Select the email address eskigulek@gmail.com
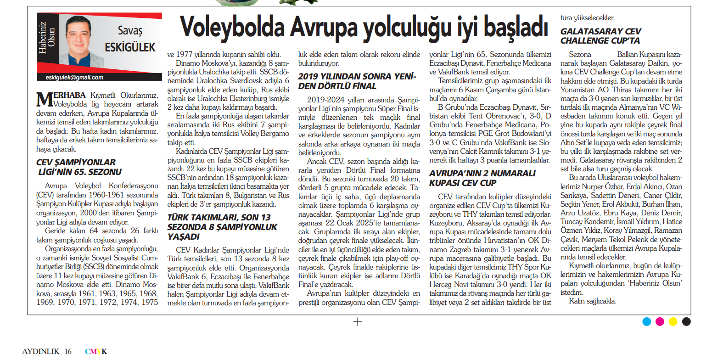click(74, 78)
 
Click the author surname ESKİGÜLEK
click(130, 47)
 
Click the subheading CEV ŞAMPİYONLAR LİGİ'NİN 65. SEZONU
click(79, 167)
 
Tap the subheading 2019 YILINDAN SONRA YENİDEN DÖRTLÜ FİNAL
click(357, 81)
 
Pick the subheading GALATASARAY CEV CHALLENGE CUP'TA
click(600, 36)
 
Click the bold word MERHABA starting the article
click(62, 95)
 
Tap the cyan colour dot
click(646, 321)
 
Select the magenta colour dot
click(660, 321)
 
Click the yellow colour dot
click(673, 321)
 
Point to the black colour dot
click(686, 321)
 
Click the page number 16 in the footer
click(68, 352)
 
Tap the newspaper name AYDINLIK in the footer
click(41, 352)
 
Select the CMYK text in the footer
click(96, 352)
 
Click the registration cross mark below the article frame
click(357, 322)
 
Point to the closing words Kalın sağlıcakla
click(593, 301)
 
